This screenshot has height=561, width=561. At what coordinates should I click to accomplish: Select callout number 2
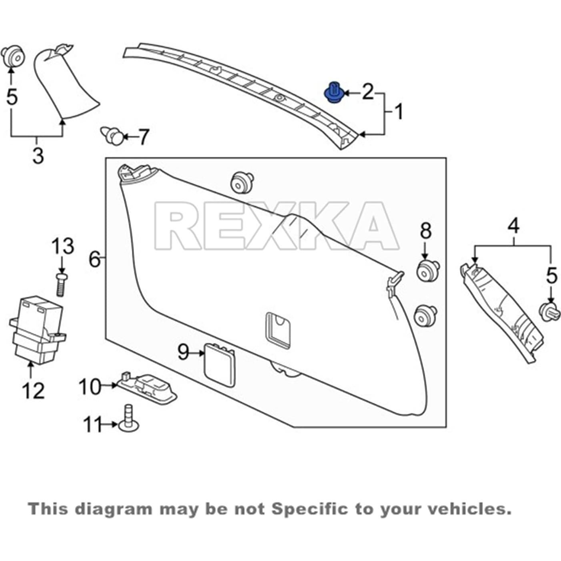[367, 92]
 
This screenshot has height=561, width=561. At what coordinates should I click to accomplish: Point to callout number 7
[143, 137]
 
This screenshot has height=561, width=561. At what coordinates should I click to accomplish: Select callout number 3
[38, 155]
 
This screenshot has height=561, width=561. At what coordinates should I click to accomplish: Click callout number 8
[426, 231]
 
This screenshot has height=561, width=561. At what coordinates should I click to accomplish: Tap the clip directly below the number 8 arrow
[427, 271]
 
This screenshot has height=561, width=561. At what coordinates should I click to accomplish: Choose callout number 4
[513, 226]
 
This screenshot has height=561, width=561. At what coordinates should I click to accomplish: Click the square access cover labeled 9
[219, 365]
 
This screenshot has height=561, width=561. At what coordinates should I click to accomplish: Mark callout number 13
[63, 246]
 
